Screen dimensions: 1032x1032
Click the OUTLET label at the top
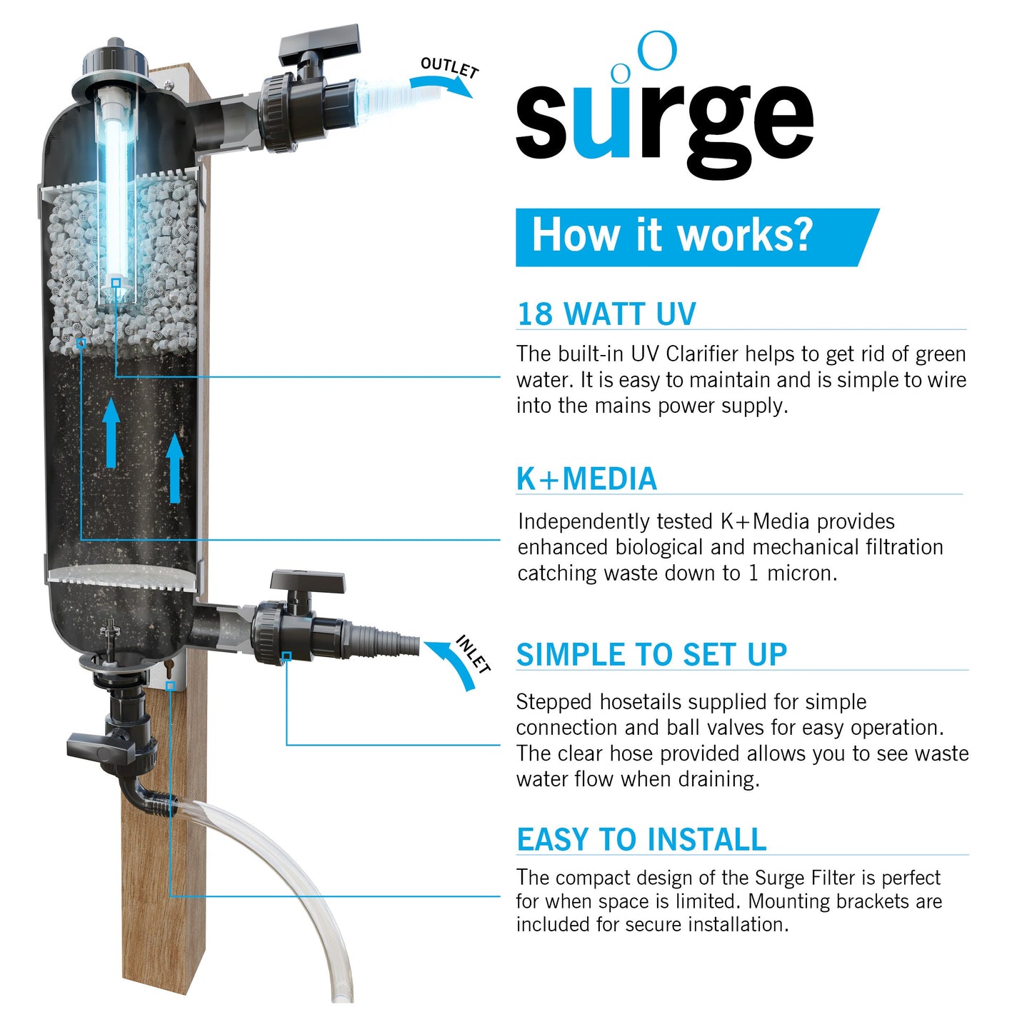pos(449,67)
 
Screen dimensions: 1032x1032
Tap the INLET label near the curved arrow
pos(474,654)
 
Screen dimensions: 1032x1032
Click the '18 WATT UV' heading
pos(606,314)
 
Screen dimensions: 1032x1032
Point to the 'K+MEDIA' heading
pos(586,479)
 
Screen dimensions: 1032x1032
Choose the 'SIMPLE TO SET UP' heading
pos(651,655)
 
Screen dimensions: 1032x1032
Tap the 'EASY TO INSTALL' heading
pos(641,840)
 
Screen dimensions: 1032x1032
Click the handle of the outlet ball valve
pos(320,42)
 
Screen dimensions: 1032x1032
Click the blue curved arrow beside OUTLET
pos(443,86)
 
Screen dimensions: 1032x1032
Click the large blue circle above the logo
pos(656,51)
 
